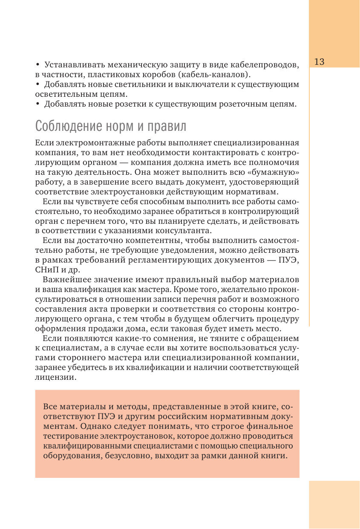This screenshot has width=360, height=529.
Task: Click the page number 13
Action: point(320,62)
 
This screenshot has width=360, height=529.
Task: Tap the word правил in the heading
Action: point(167,127)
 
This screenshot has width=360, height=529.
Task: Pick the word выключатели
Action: point(200,84)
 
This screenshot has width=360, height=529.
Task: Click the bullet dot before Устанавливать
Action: point(37,64)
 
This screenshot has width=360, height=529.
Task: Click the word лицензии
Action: point(56,378)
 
